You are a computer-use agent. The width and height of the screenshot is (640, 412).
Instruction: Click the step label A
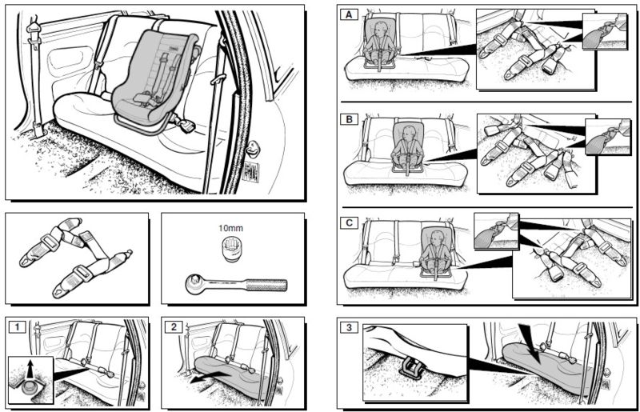point(348,15)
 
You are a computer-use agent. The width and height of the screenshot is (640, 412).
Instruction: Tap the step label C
point(348,222)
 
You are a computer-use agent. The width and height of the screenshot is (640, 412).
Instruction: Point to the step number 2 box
point(170,326)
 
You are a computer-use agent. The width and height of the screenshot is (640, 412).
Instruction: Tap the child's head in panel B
point(409,132)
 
